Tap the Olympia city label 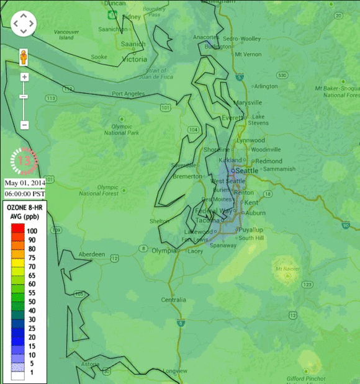(164, 251)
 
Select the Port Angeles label (128, 94)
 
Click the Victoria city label (135, 60)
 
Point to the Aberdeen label (92, 255)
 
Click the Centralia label (173, 300)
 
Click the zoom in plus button (24, 77)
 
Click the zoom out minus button (24, 125)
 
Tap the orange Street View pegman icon (24, 56)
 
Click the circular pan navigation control (24, 24)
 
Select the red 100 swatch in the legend (17, 230)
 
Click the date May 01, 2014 (25, 183)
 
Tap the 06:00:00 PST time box (25, 194)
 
